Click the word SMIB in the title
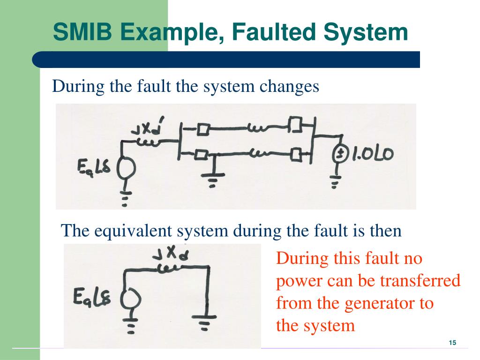[x=82, y=32]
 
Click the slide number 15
[x=452, y=343]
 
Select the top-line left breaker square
[x=203, y=129]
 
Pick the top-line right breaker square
[x=296, y=124]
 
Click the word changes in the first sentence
[x=289, y=87]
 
